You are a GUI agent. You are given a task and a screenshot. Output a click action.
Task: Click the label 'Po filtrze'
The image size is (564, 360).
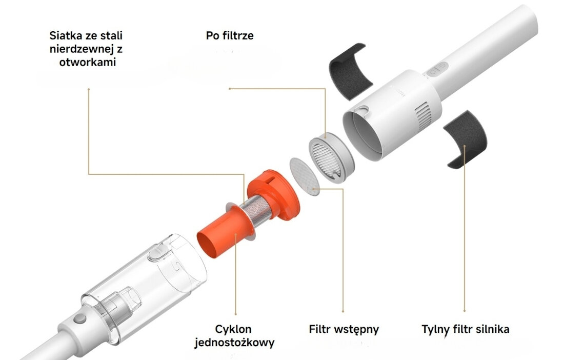(x=229, y=36)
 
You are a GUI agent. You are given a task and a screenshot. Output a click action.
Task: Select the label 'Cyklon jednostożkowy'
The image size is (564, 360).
(x=234, y=335)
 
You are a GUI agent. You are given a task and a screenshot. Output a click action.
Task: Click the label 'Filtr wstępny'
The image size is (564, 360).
(x=344, y=329)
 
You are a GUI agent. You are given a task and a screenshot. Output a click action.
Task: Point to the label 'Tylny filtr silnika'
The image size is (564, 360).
(x=465, y=329)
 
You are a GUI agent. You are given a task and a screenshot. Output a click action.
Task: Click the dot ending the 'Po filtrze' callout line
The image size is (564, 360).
(x=230, y=89)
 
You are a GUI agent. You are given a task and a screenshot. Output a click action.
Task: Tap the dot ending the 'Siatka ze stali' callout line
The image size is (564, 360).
(x=89, y=89)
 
